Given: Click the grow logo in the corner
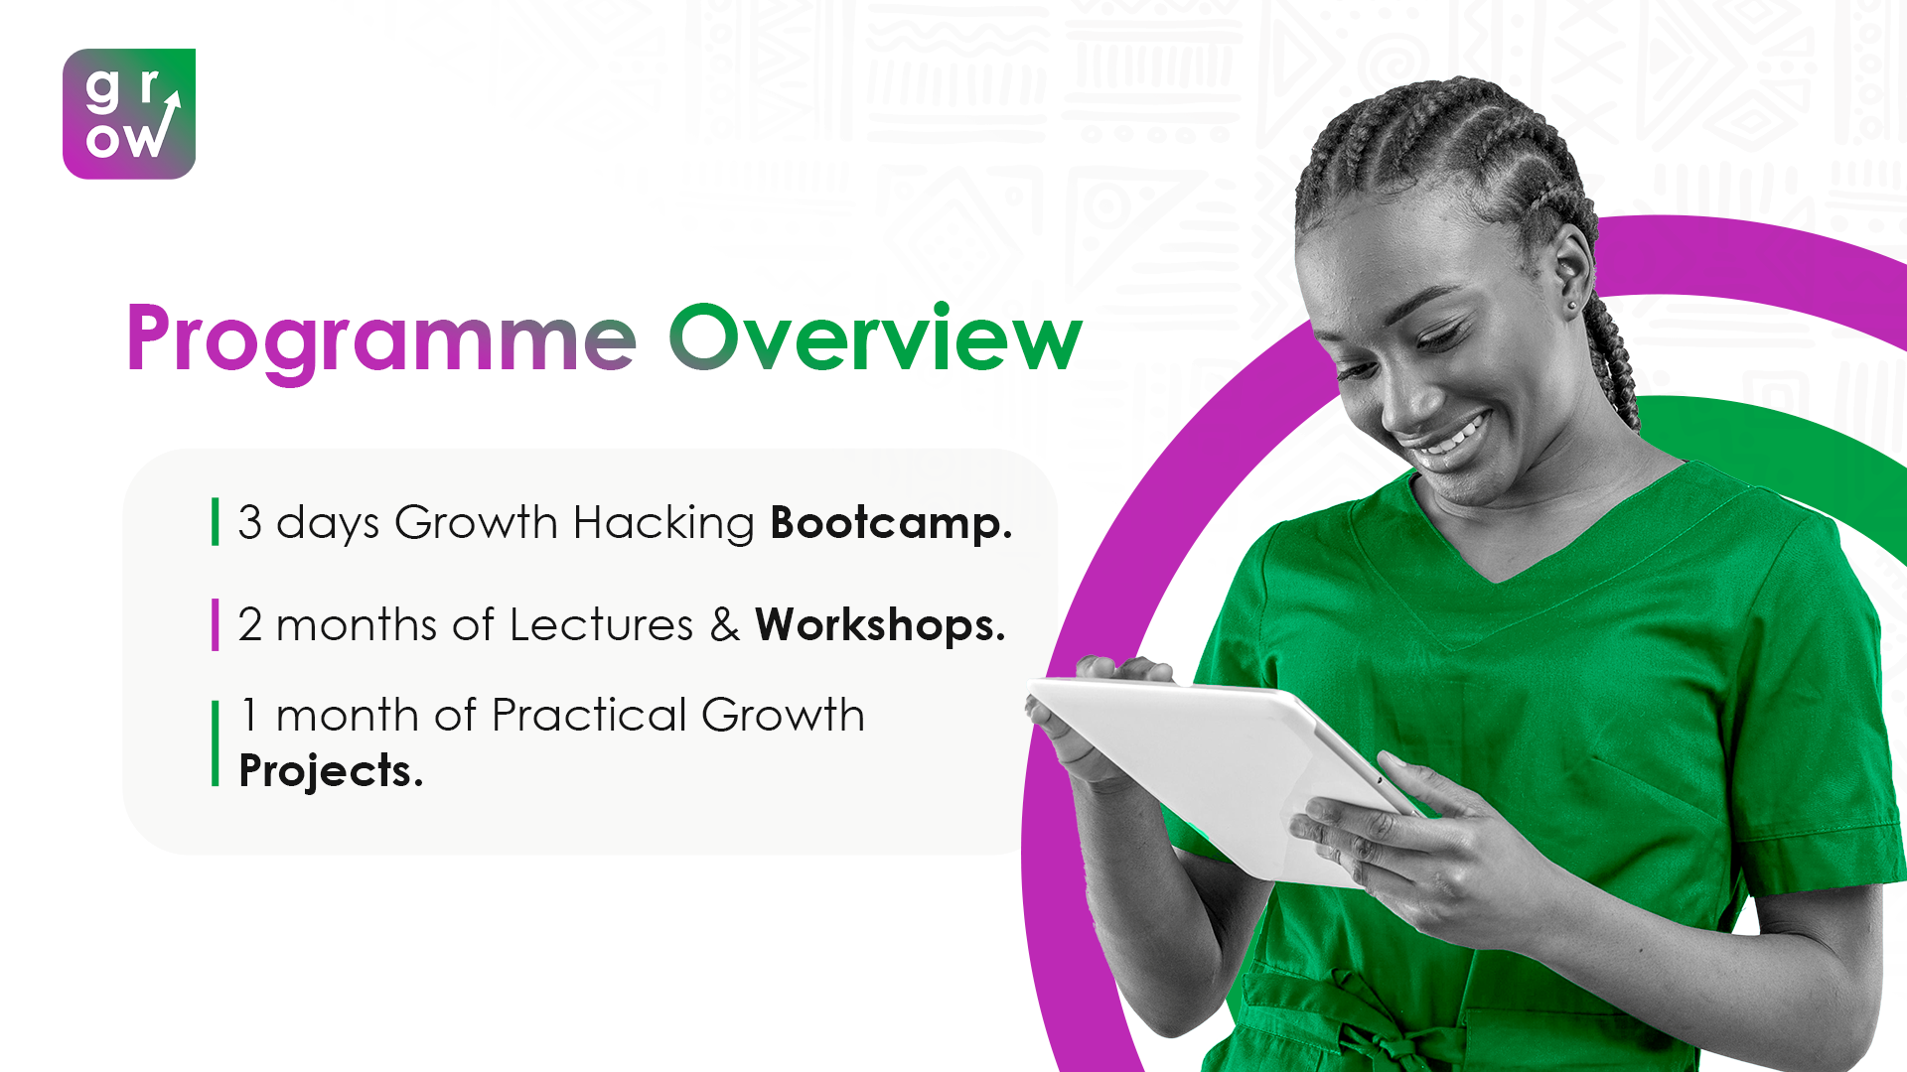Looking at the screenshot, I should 129,114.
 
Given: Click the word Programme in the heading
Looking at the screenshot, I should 381,339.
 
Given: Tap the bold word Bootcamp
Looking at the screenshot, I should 890,523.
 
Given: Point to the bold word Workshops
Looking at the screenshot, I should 879,625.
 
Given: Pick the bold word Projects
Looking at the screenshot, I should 331,771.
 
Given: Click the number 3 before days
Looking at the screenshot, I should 249,523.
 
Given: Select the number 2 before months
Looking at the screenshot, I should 249,625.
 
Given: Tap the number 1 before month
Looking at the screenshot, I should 249,715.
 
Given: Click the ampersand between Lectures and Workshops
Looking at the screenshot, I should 725,625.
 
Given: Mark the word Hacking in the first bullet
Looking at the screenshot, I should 663,523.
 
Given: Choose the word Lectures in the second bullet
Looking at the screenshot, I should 601,625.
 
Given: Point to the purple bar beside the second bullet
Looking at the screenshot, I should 215,624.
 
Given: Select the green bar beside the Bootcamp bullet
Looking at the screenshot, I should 215,522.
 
